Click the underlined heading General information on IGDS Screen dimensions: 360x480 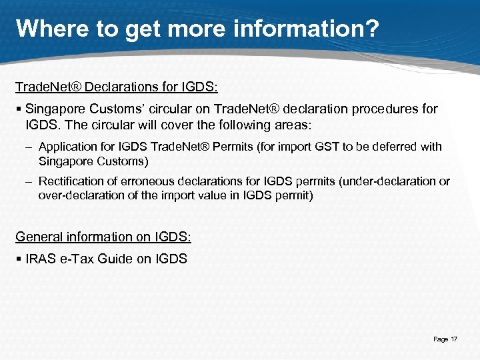[x=103, y=237]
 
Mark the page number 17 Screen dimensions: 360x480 [x=454, y=339]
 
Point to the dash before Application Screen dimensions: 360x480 [x=29, y=147]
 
